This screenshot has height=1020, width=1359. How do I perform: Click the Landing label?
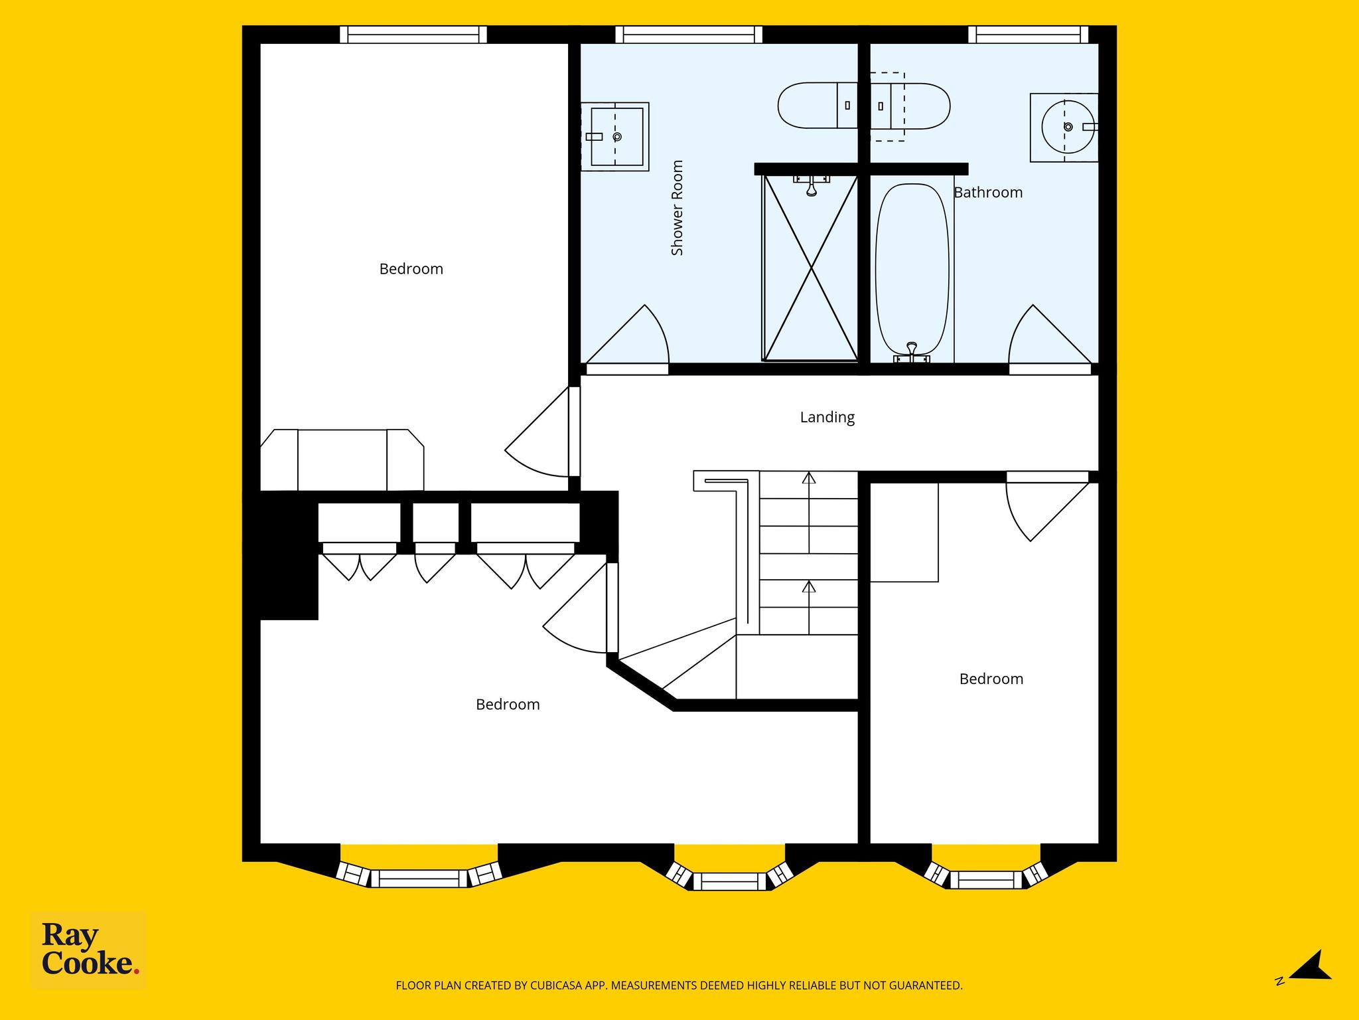827,417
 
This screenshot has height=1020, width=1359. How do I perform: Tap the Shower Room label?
677,208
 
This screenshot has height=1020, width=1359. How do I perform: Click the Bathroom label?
988,193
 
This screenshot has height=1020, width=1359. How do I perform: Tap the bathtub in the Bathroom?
912,270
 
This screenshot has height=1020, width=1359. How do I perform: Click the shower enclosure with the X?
810,268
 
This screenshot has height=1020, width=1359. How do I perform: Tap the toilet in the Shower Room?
818,106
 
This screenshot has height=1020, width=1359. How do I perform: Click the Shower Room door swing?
628,335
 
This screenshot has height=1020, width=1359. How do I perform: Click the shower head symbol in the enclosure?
811,185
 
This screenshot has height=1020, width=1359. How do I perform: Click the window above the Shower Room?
689,35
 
